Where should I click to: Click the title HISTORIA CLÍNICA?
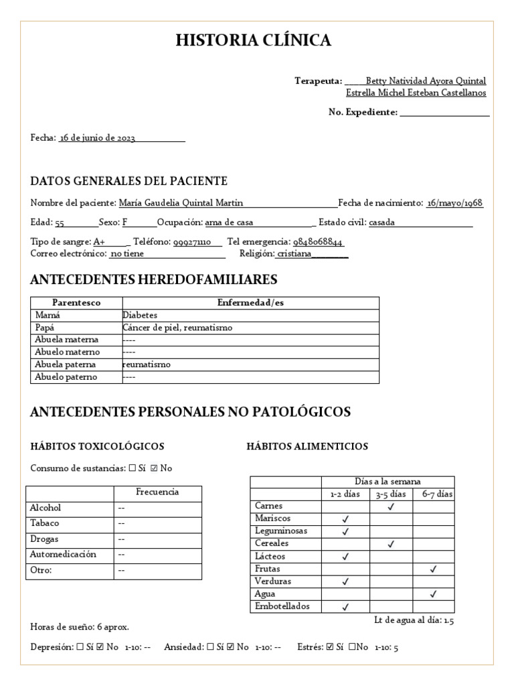(253, 41)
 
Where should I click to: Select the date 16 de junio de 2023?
(98, 138)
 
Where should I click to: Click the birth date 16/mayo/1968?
(455, 204)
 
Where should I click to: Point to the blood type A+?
(99, 242)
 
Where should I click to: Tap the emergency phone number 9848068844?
(318, 242)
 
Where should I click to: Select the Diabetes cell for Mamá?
(140, 315)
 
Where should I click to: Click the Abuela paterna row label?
(65, 364)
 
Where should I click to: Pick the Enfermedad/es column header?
(250, 303)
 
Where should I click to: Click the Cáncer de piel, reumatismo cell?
(177, 328)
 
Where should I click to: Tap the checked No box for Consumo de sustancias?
(155, 468)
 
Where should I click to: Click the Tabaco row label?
(44, 523)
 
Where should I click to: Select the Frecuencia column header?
(157, 492)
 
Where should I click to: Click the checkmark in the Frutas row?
(433, 569)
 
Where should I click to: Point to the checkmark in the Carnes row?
(390, 507)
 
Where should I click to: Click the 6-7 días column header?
(437, 494)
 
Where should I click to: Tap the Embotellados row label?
(282, 606)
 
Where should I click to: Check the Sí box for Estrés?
(329, 647)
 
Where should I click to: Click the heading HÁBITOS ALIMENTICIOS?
(307, 447)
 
